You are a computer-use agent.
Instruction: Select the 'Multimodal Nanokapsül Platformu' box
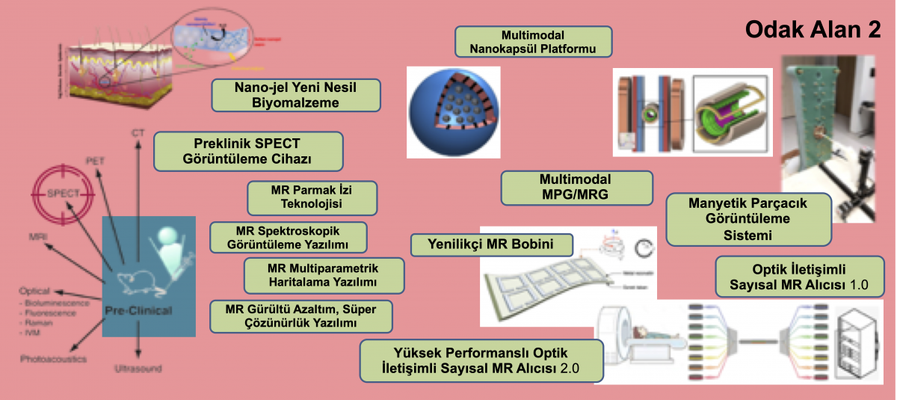pyautogui.click(x=534, y=42)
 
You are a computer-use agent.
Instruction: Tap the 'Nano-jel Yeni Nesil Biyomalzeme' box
pyautogui.click(x=296, y=95)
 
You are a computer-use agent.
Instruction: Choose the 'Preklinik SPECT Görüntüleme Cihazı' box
pyautogui.click(x=247, y=151)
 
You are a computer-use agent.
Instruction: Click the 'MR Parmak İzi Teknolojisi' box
pyautogui.click(x=312, y=197)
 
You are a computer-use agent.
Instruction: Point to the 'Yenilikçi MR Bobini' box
pyautogui.click(x=491, y=244)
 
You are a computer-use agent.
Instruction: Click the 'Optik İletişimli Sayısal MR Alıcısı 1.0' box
pyautogui.click(x=801, y=277)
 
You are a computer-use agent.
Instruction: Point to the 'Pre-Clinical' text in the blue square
pyautogui.click(x=148, y=309)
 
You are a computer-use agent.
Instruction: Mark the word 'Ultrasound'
pyautogui.click(x=138, y=368)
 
